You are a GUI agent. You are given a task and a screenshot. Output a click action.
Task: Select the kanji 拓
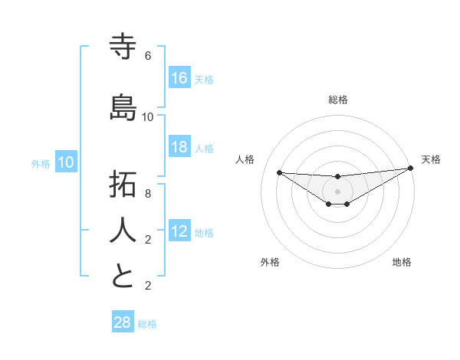click(x=123, y=185)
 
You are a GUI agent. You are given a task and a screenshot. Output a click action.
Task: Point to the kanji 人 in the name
click(x=123, y=230)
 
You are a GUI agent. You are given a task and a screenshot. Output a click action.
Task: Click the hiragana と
click(x=123, y=276)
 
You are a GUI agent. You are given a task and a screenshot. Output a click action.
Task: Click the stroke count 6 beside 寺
click(x=148, y=56)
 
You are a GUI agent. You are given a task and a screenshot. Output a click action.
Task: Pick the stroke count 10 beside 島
click(x=148, y=116)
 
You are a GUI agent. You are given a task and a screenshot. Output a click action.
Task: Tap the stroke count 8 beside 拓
click(x=148, y=194)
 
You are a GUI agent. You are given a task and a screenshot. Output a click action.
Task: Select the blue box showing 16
click(x=179, y=78)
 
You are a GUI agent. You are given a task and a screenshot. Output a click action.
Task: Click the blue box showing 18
click(x=179, y=147)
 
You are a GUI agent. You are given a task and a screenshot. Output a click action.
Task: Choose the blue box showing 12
click(x=179, y=231)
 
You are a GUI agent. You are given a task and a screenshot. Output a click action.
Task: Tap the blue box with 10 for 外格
click(x=66, y=162)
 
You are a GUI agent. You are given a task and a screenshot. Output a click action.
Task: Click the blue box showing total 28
click(x=123, y=322)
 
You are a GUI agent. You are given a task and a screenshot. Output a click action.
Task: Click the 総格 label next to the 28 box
click(x=147, y=324)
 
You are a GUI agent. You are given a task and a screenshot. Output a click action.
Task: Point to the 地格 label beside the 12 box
click(x=204, y=232)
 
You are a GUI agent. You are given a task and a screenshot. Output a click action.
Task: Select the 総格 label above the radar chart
click(x=337, y=100)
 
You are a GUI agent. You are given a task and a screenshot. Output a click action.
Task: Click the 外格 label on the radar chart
click(x=270, y=262)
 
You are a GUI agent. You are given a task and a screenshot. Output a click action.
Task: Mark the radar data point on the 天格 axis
click(x=411, y=169)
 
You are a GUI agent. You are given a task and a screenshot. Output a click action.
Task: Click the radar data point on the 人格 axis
click(x=279, y=172)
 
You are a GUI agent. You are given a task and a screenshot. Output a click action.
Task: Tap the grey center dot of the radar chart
click(x=337, y=191)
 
